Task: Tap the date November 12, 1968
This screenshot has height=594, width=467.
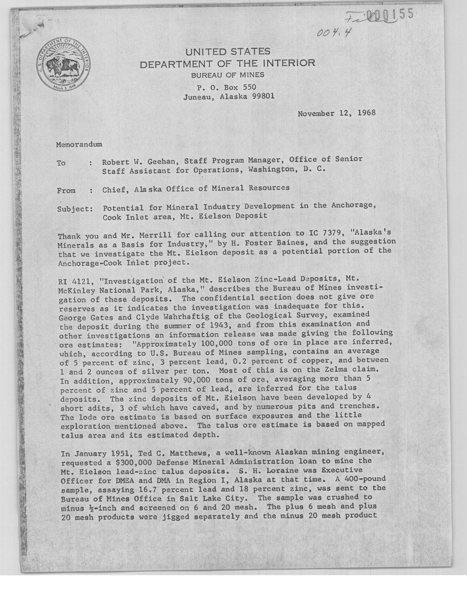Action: point(336,113)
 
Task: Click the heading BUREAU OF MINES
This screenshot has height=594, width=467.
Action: point(228,75)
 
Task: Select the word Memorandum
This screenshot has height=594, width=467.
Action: point(79,144)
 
